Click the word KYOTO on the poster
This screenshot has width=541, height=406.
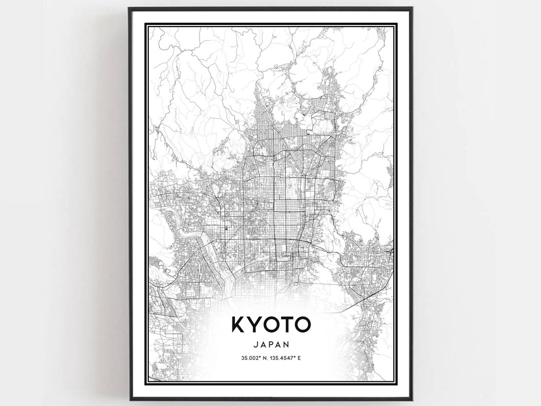click(270, 324)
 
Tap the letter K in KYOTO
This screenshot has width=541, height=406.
click(239, 324)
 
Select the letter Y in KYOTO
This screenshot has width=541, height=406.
click(254, 324)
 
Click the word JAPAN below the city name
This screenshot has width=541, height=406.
click(271, 345)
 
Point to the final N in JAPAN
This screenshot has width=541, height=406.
click(287, 345)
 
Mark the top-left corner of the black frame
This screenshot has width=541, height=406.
click(129, 8)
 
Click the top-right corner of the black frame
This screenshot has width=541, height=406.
click(412, 8)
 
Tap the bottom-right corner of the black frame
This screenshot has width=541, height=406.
click(412, 399)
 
